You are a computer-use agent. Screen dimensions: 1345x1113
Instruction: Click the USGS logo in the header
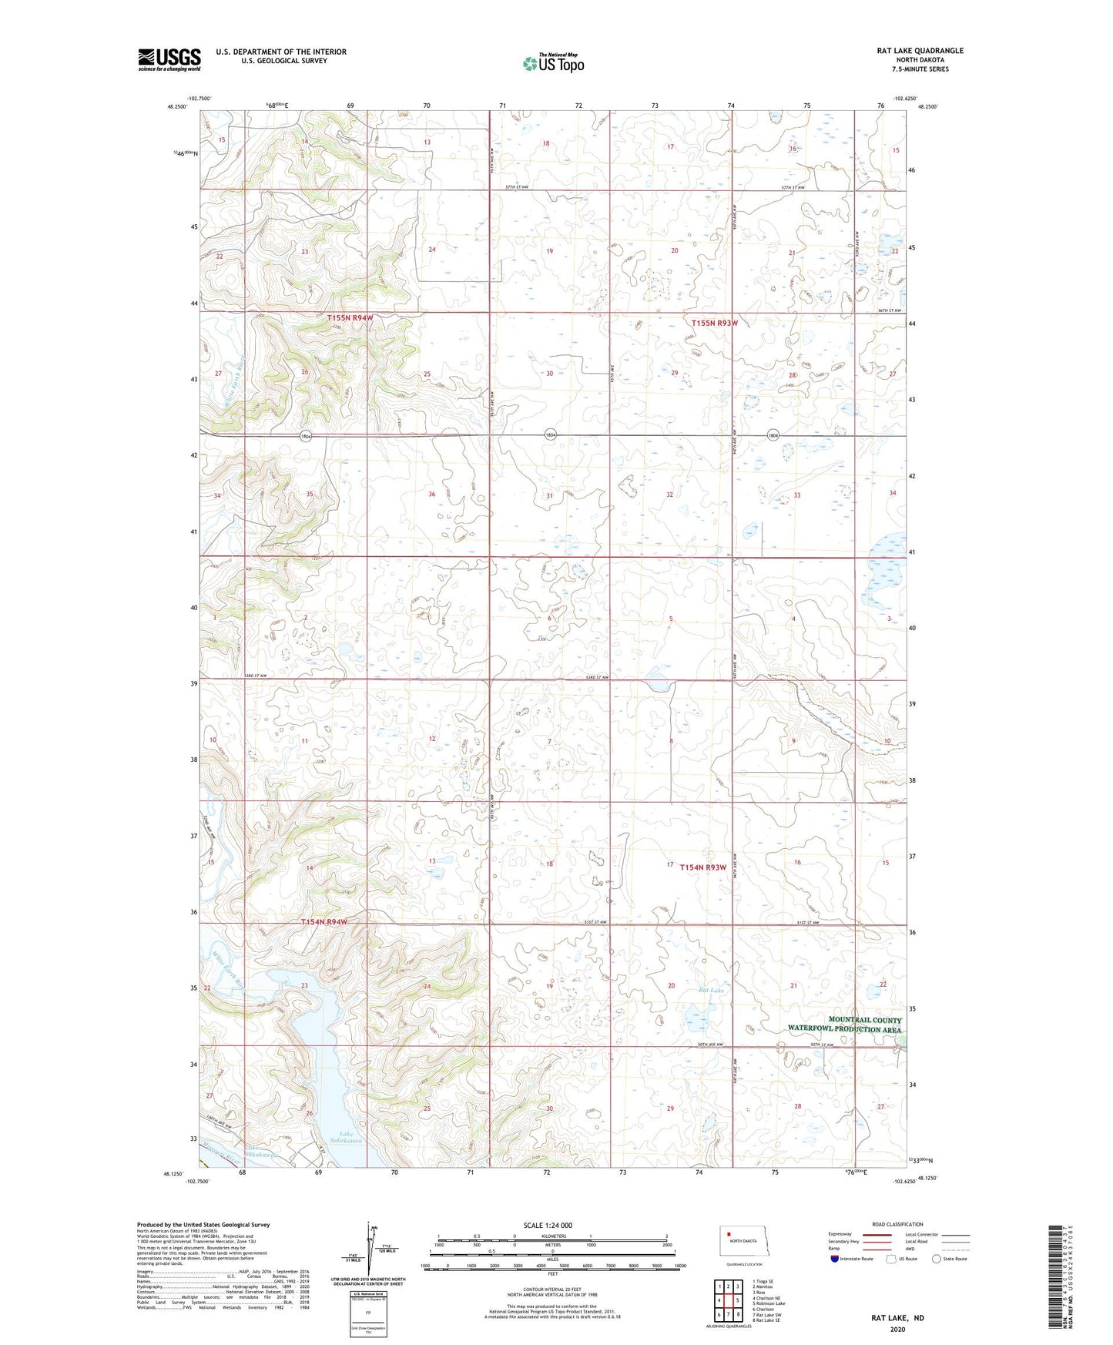tap(169, 59)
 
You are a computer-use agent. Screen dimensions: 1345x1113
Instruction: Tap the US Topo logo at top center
tap(552, 63)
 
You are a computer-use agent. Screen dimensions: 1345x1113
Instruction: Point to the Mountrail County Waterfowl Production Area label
tap(843, 1025)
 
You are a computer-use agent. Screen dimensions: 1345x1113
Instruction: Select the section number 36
tap(432, 494)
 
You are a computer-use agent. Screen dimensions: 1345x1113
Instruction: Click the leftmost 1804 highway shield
tap(306, 436)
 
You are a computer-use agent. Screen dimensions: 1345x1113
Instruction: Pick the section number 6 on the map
tap(549, 619)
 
